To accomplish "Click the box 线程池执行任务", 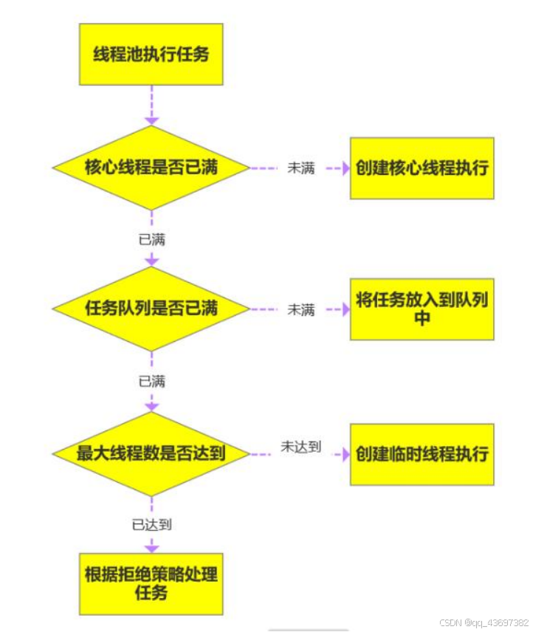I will [151, 54].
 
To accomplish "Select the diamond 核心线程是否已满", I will [151, 168].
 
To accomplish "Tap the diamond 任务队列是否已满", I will [151, 309].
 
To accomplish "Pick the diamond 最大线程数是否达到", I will [151, 453].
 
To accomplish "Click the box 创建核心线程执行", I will [421, 168].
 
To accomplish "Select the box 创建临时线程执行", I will [421, 453].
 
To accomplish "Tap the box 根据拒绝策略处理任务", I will [151, 583].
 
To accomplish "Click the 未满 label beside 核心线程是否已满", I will [301, 168].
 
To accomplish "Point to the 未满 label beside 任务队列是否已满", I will [301, 310].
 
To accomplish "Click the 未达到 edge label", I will [301, 447].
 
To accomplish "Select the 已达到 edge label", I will [152, 525].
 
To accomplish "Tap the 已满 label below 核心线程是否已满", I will [152, 239].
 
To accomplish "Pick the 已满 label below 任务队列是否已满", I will [152, 381].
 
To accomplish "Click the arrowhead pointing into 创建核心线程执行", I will [345, 168].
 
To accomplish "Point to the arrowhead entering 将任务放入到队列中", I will [345, 309].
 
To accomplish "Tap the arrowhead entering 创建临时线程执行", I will [345, 454].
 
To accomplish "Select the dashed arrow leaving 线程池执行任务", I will [152, 103].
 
